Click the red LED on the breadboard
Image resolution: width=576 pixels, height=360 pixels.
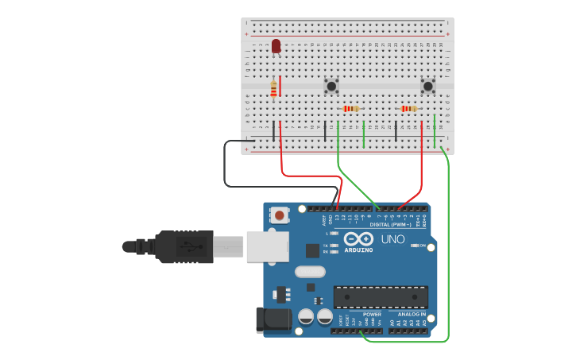click(x=276, y=47)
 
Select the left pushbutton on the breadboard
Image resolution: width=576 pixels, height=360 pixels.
click(x=331, y=85)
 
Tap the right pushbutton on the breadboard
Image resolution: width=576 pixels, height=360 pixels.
click(x=428, y=85)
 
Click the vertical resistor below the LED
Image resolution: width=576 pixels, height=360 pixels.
click(x=273, y=90)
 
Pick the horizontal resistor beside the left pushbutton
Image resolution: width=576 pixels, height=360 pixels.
click(x=350, y=109)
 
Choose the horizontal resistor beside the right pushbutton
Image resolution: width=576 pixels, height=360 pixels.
click(x=408, y=109)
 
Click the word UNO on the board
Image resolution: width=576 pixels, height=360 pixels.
click(x=392, y=239)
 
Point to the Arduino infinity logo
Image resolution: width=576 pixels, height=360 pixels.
click(x=358, y=238)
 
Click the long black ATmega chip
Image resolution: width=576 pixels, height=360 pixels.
click(x=381, y=297)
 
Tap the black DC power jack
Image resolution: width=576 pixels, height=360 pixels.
click(x=271, y=319)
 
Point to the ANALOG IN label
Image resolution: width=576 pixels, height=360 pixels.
click(x=412, y=314)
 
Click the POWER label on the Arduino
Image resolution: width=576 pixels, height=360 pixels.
click(x=372, y=314)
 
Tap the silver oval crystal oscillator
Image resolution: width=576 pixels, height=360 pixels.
click(x=310, y=272)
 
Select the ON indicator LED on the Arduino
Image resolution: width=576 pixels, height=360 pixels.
click(x=416, y=246)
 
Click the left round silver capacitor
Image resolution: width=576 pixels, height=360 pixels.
click(x=306, y=316)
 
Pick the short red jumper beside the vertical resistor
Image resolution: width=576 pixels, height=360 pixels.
click(x=280, y=86)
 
